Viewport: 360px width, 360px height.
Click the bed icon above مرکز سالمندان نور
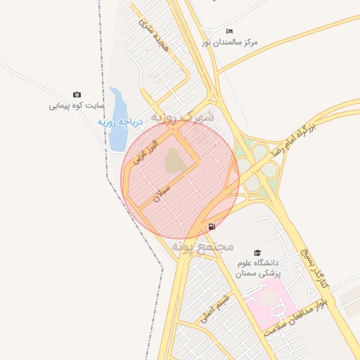click(x=230, y=32)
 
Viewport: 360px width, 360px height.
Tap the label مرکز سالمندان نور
click(x=230, y=43)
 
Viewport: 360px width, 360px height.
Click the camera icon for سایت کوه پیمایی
click(x=77, y=95)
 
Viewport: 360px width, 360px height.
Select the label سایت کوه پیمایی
click(x=76, y=106)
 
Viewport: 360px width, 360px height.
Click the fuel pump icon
click(x=212, y=226)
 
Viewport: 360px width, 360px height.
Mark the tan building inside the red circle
click(x=174, y=161)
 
